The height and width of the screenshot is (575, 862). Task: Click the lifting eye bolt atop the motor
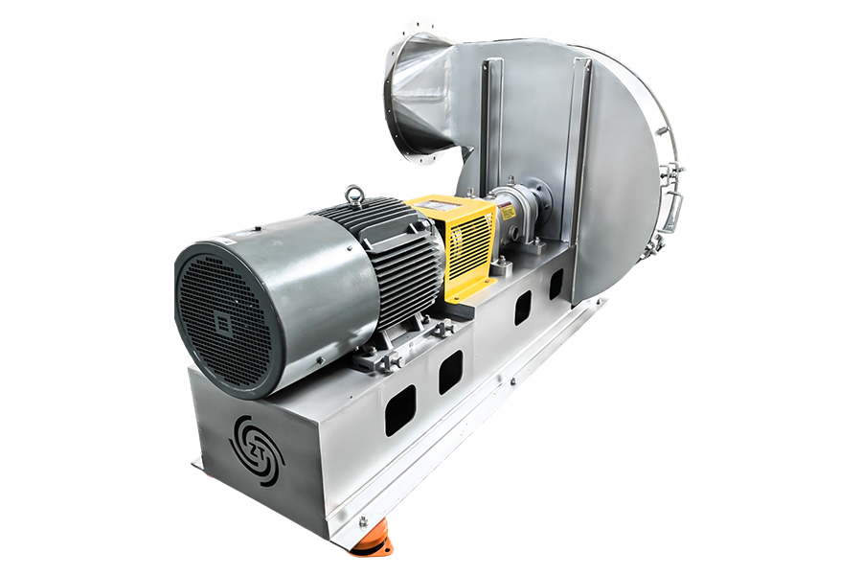(x=356, y=195)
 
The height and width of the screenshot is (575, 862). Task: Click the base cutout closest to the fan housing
(x=556, y=283)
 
